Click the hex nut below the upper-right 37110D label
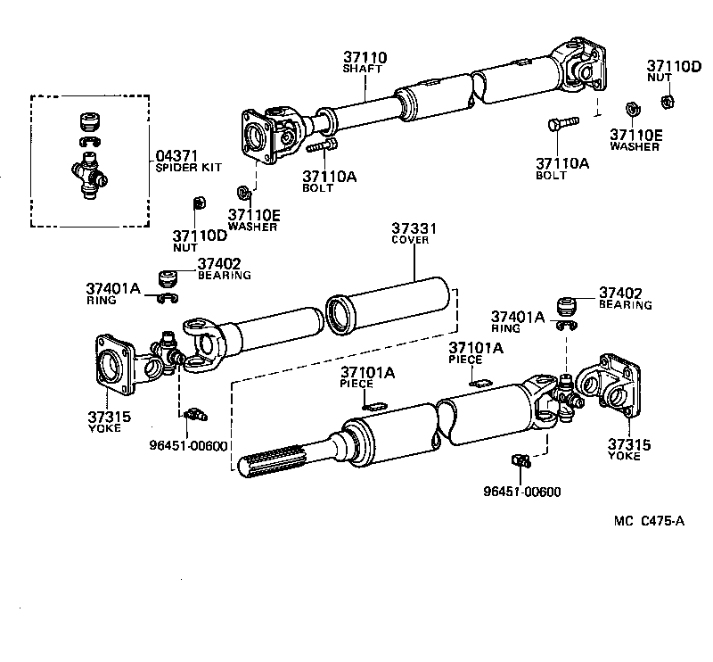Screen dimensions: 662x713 674,98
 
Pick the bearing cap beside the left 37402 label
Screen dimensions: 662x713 166,274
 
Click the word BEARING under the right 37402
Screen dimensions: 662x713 626,304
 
